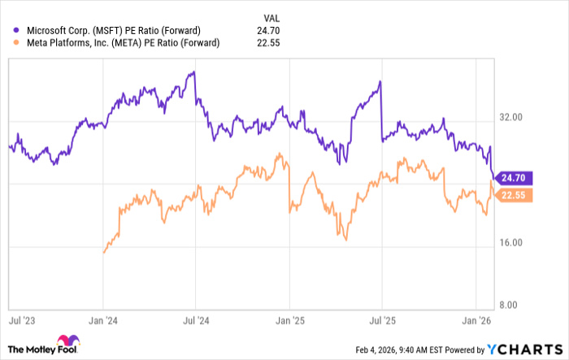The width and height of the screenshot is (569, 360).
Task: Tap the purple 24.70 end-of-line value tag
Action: point(514,176)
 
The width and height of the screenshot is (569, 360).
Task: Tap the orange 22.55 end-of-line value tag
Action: point(514,195)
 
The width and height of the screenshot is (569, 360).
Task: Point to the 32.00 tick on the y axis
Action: point(510,117)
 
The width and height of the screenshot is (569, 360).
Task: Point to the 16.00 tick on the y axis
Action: point(510,243)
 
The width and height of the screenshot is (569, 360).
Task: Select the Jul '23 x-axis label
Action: point(22,322)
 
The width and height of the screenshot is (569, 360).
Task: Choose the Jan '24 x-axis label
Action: point(102,322)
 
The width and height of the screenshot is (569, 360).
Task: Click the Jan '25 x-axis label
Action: point(289,322)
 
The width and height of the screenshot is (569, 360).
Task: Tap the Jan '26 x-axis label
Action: point(476,322)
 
